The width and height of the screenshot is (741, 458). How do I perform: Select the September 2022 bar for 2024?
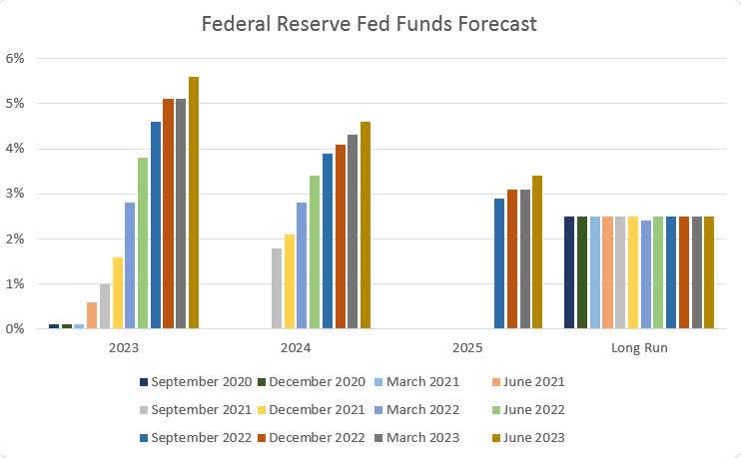pyautogui.click(x=328, y=240)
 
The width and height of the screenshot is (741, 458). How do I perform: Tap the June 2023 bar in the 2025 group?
pyautogui.click(x=537, y=251)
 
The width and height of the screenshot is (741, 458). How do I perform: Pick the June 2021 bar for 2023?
pyautogui.click(x=92, y=314)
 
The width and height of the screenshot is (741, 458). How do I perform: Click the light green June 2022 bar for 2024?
pyautogui.click(x=315, y=251)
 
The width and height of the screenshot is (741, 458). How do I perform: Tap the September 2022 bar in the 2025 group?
pyautogui.click(x=499, y=263)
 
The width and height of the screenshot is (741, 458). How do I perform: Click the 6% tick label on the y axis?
pyautogui.click(x=14, y=58)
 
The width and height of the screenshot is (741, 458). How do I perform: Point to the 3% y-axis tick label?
pyautogui.click(x=14, y=194)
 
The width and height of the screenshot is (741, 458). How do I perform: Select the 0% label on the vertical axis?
pyautogui.click(x=14, y=328)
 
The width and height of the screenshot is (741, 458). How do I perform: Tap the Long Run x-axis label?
pyautogui.click(x=639, y=348)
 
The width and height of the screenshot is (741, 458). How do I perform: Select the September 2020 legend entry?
pyautogui.click(x=196, y=381)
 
